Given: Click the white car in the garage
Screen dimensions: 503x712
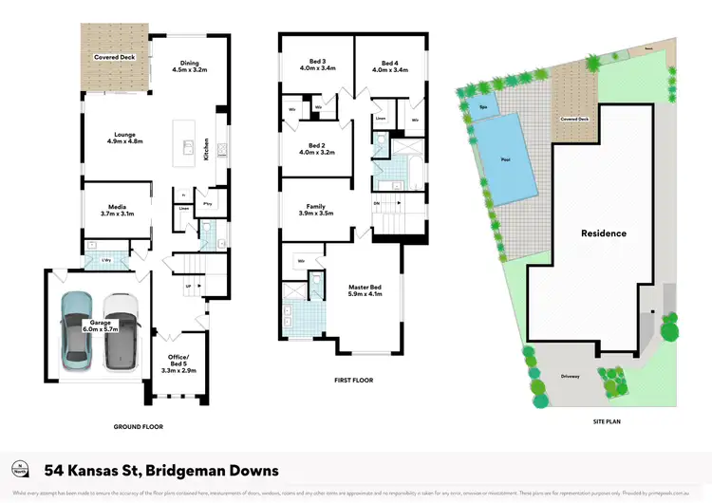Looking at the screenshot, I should point(120,329).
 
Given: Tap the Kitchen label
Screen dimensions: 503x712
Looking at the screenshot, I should point(206,151).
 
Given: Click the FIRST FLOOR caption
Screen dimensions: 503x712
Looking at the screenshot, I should point(354,381).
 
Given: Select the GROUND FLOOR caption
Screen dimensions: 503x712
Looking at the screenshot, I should point(137,427).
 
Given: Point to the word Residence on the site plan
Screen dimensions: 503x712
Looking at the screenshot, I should point(604,233).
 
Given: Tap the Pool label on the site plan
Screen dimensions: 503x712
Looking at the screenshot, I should point(504,158).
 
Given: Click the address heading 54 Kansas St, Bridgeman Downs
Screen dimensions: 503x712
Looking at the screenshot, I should point(161,470).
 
